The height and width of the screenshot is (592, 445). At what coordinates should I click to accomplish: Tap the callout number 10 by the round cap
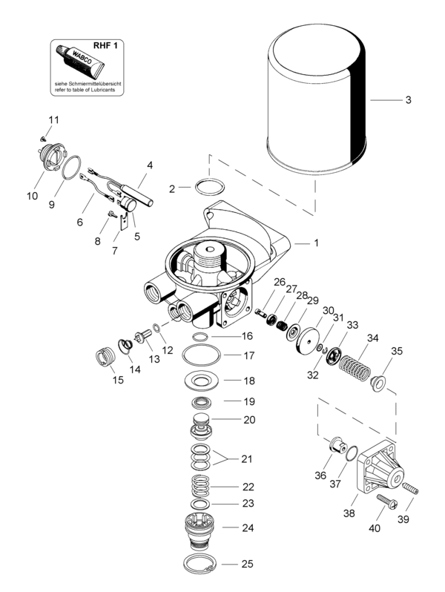tap(32, 196)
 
